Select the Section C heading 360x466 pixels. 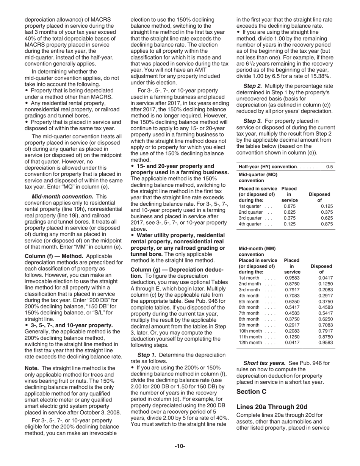point(251,391)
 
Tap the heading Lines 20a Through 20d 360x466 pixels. point(271,407)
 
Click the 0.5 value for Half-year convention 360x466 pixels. point(329,167)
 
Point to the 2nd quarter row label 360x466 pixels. point(251,212)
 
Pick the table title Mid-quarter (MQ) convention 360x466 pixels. point(258,177)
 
